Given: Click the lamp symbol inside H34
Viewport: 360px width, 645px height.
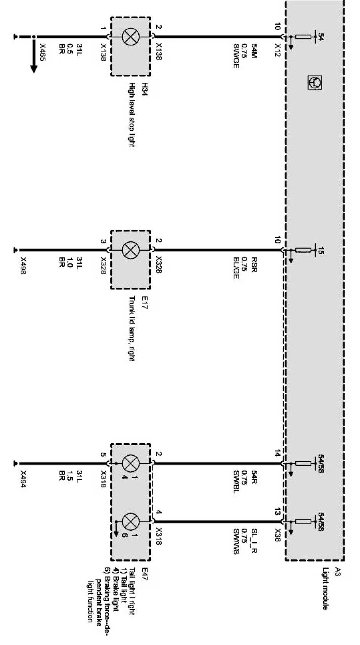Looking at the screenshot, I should (130, 37).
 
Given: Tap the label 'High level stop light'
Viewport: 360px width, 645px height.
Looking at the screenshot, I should (131, 115).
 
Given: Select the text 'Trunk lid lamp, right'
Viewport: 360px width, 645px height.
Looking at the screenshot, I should (131, 328).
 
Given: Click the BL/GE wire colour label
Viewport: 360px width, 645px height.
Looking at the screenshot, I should (236, 269).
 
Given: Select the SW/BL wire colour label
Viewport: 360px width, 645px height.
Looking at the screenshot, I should (236, 482).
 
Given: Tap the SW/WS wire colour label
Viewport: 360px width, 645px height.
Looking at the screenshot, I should (236, 541).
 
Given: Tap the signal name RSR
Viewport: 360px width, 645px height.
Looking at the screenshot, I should (254, 265).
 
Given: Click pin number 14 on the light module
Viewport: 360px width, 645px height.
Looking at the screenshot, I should (277, 454).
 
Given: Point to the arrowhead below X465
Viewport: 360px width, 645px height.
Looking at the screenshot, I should (34, 68).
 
